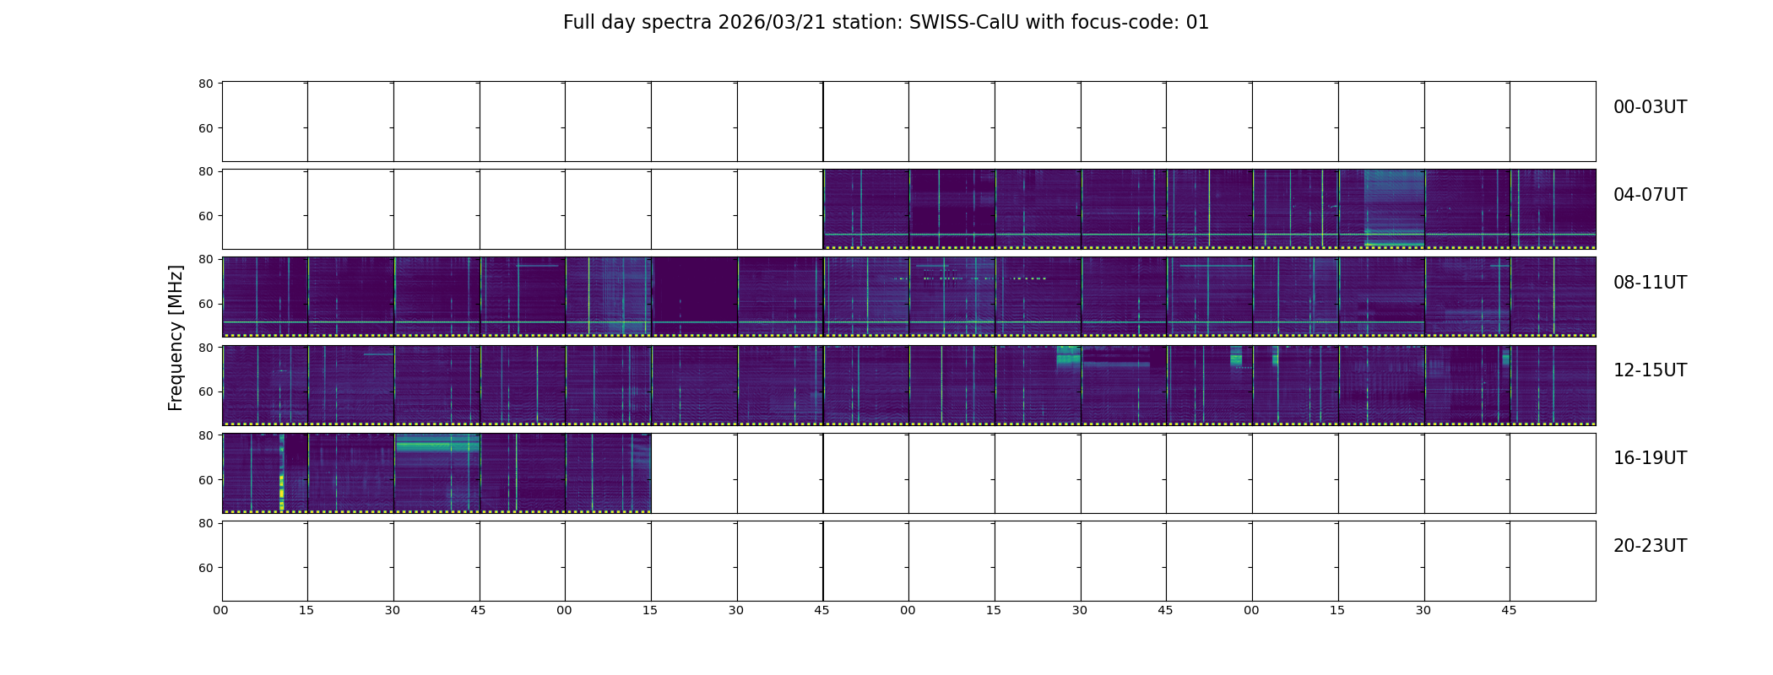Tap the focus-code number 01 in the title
click(1197, 23)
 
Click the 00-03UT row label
click(1650, 107)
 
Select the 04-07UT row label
click(1650, 195)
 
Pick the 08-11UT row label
click(1650, 283)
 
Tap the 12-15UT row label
click(1650, 370)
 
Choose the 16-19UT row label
click(1650, 458)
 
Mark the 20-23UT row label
click(1650, 546)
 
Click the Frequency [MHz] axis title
click(176, 337)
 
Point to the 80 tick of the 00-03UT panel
click(206, 84)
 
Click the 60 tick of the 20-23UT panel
click(206, 568)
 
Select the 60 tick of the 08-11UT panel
click(206, 304)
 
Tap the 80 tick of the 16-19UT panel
click(206, 435)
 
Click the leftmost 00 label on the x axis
click(220, 610)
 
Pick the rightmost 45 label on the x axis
click(1509, 610)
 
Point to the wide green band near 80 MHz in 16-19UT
click(437, 445)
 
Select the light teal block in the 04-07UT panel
click(1394, 208)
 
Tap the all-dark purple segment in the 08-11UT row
click(694, 295)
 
